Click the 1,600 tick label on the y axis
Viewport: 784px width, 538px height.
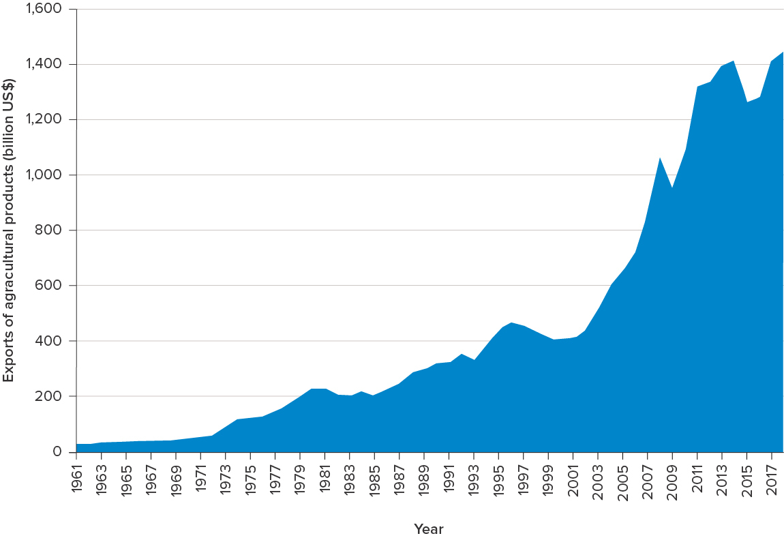click(x=43, y=9)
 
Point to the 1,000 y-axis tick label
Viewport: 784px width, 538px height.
click(x=43, y=175)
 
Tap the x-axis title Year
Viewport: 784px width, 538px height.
click(x=429, y=529)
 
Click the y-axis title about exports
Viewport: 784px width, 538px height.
click(x=9, y=230)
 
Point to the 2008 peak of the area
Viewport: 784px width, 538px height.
click(x=660, y=158)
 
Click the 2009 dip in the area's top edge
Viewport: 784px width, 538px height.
click(x=672, y=188)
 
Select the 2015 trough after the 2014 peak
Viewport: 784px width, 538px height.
click(x=747, y=103)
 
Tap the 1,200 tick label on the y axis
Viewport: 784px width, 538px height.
click(x=43, y=120)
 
